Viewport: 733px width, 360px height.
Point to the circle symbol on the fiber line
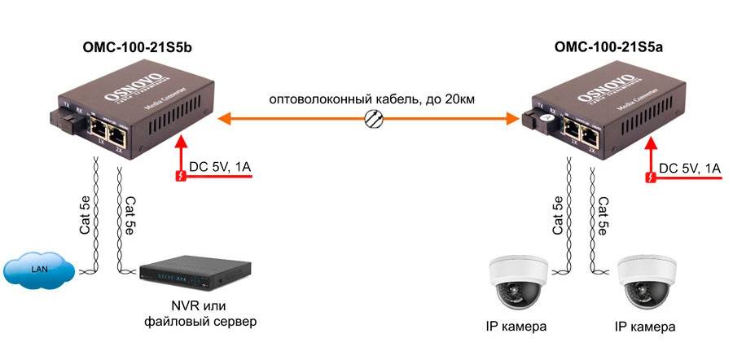[x=373, y=120]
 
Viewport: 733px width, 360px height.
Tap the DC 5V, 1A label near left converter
[x=221, y=168]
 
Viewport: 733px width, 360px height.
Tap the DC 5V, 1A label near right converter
[x=691, y=168]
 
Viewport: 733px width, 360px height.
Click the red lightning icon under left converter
[x=181, y=175]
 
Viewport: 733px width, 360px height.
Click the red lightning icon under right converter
[x=651, y=175]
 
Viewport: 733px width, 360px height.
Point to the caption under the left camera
[x=513, y=327]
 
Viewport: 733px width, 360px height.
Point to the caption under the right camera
[x=645, y=327]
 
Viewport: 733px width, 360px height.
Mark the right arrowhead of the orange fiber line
[x=515, y=120]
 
